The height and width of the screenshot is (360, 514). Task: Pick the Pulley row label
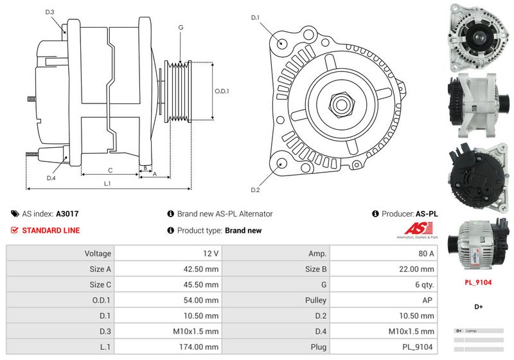[x=315, y=300]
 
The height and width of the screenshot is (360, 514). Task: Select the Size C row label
[x=100, y=285]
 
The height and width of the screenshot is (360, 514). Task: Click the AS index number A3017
[x=67, y=214]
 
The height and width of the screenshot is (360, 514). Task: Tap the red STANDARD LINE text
[x=51, y=230]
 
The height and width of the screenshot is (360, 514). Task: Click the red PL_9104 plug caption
[x=479, y=282]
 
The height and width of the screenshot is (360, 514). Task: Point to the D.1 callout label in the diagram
[x=255, y=17]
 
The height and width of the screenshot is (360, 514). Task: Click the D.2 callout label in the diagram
[x=255, y=190]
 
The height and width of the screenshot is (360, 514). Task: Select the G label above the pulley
[x=181, y=27]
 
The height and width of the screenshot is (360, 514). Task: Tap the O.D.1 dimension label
[x=222, y=91]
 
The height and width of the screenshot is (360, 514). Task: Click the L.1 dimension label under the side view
[x=107, y=184]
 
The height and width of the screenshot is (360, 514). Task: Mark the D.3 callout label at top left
[x=50, y=12]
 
